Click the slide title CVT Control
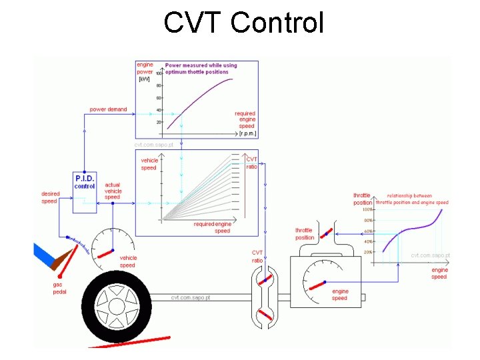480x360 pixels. [243, 23]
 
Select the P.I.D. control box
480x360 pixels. [85, 193]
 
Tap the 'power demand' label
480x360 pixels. [108, 109]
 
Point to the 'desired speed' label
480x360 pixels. [50, 197]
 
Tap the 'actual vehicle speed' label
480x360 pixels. [113, 191]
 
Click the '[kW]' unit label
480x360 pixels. [145, 79]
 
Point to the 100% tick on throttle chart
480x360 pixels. [367, 210]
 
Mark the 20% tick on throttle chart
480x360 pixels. [367, 252]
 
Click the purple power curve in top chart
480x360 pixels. [200, 100]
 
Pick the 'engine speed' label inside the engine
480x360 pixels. [340, 295]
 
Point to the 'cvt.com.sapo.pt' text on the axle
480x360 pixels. [191, 297]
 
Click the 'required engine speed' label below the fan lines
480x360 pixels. [213, 227]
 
